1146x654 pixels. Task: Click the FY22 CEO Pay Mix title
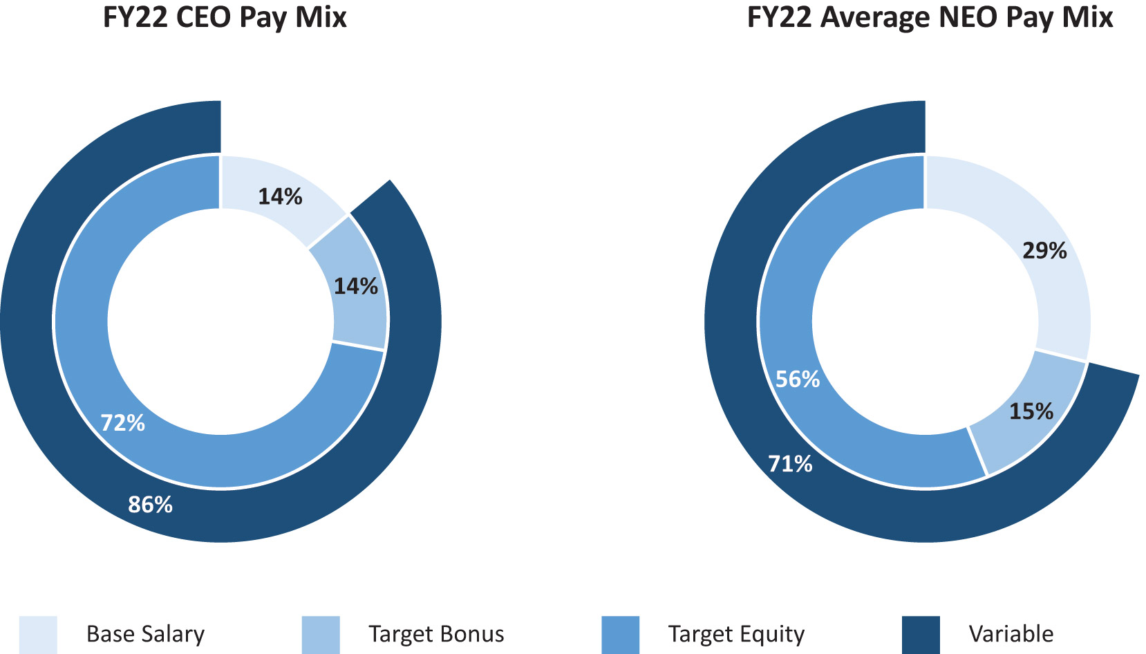225,18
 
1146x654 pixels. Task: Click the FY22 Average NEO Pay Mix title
930,18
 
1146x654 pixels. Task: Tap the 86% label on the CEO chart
150,505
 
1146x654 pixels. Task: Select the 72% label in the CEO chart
122,423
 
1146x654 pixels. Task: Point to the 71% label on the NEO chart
790,464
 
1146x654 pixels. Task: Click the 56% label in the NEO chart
797,380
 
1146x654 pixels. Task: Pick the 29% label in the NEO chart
1044,251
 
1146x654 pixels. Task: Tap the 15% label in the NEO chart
1031,412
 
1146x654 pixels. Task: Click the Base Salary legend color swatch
38,635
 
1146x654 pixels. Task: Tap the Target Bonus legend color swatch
321,635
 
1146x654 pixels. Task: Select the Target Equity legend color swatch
620,635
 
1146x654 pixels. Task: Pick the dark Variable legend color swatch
921,635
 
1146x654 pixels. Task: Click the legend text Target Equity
736,635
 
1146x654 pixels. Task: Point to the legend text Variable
1011,635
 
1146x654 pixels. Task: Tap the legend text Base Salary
145,635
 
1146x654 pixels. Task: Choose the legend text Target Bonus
436,635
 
